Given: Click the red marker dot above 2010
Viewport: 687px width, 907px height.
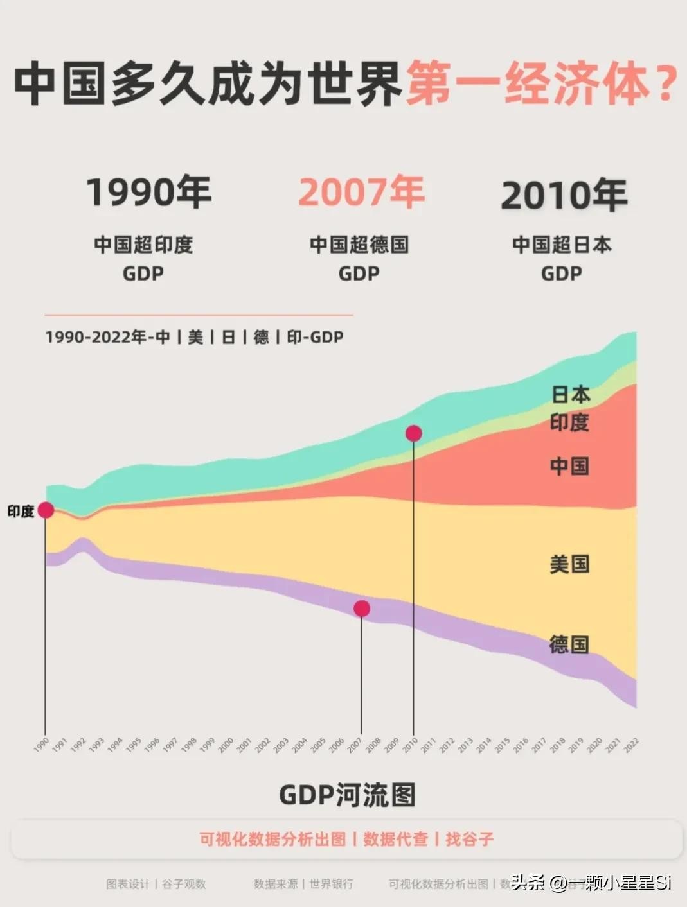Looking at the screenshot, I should pos(414,433).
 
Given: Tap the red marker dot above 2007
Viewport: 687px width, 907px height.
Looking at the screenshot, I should pos(362,609).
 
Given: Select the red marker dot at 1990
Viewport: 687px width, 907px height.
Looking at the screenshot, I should pos(46,510).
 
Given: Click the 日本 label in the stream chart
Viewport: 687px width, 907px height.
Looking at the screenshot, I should pos(571,394).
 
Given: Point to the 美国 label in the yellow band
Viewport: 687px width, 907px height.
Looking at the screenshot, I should pos(569,564).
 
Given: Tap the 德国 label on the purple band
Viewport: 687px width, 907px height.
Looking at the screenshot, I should pos(569,644).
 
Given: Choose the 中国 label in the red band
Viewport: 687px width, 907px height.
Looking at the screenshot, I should pos(569,466).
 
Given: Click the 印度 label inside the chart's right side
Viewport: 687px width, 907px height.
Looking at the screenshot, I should pos(569,422).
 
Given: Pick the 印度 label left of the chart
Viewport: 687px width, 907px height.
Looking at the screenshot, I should pos(21,512).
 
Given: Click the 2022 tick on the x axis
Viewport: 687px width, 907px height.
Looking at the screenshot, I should pos(631,745).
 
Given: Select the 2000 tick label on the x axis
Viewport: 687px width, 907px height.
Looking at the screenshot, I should pos(226,745).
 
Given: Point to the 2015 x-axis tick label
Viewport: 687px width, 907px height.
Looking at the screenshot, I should pos(502,745).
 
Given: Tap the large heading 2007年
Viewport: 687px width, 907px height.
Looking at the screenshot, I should pos(361,192).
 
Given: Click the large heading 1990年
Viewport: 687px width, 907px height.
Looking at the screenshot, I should pos(149,192).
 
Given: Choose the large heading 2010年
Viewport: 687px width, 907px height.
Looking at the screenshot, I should pos(564,195).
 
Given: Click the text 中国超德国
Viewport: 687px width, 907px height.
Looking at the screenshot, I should pos(359,245).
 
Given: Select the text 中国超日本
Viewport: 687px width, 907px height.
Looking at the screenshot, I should pos(562,245).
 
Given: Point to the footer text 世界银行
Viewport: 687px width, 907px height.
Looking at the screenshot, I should pos(331,884).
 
